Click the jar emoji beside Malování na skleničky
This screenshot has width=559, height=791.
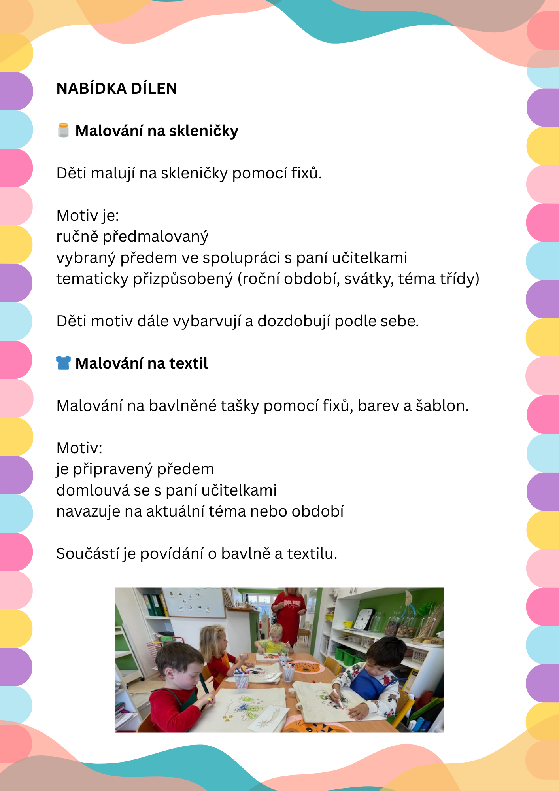[63, 131]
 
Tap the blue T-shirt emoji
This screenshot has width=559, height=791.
[63, 363]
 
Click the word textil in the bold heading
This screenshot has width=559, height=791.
[189, 363]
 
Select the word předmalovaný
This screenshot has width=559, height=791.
[155, 237]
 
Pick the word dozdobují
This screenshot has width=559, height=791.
[294, 321]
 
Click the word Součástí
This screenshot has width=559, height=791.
[87, 554]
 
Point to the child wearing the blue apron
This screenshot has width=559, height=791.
[374, 676]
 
